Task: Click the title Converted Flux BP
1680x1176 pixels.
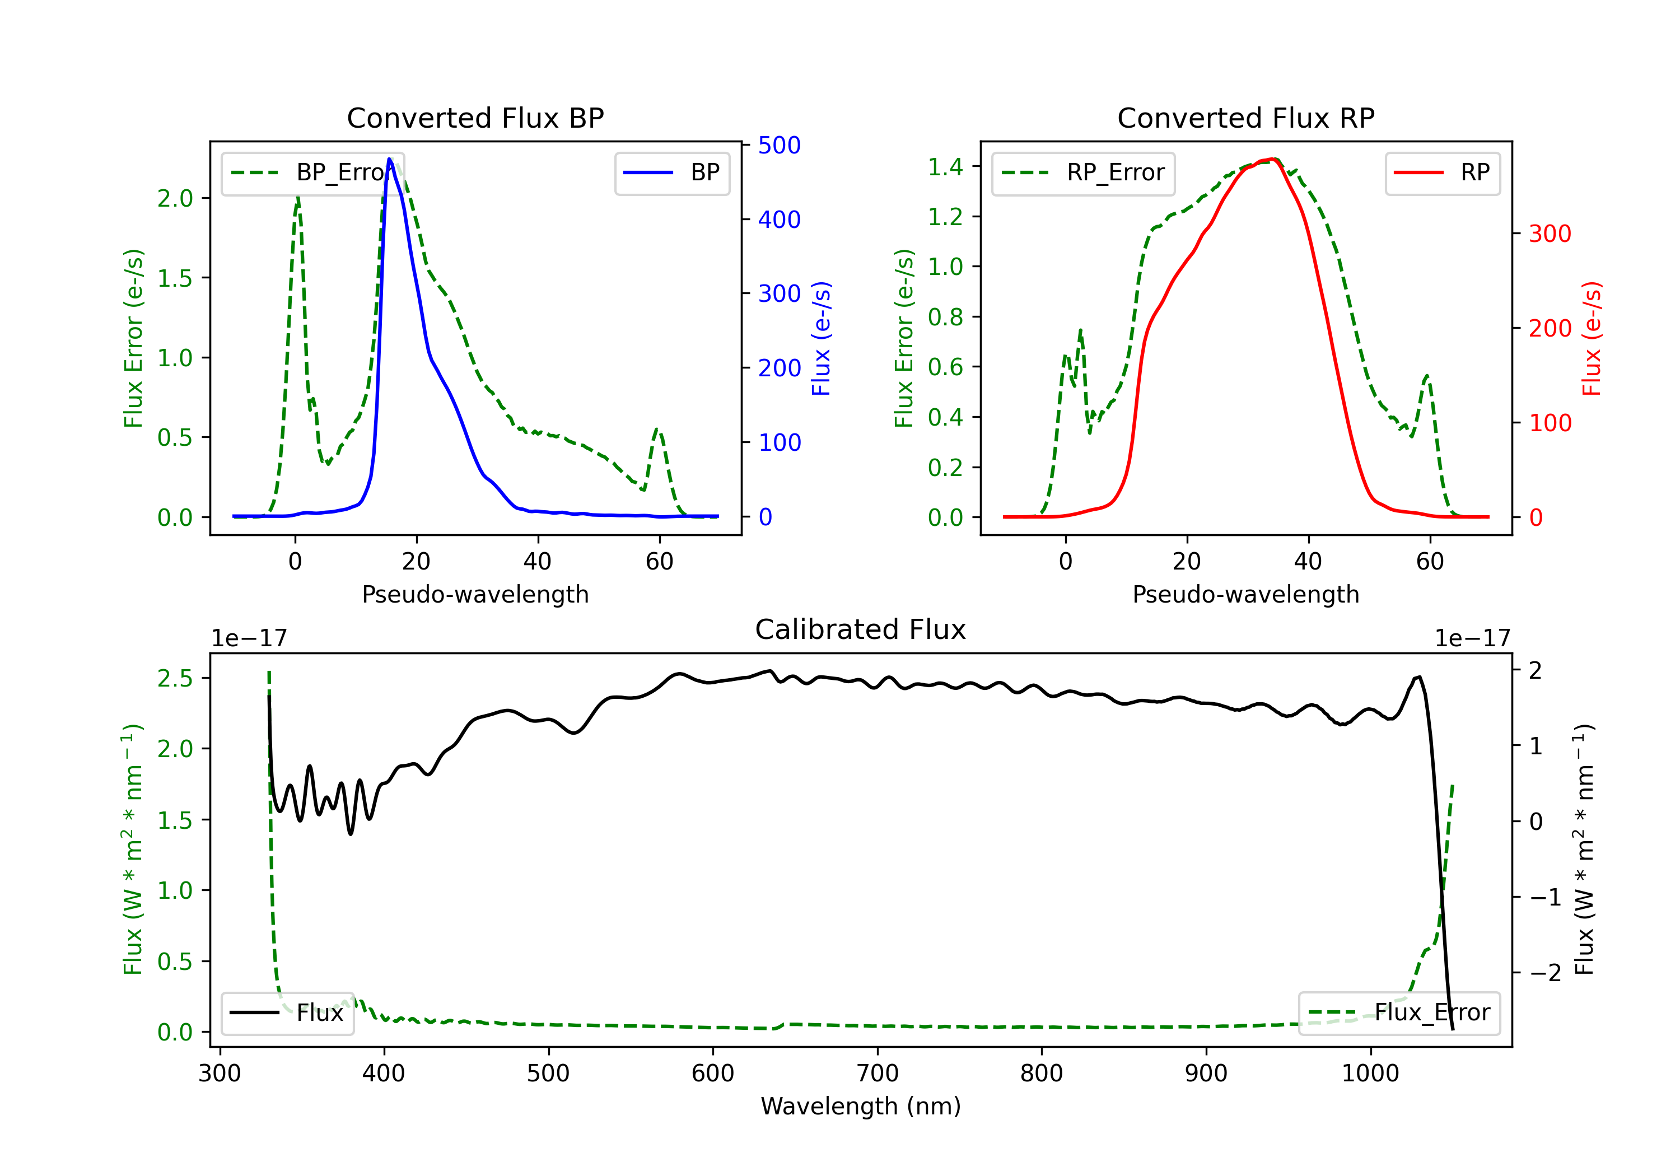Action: tap(475, 118)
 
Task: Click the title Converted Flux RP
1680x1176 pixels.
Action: tap(1245, 118)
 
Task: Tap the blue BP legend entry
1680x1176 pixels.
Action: tap(671, 172)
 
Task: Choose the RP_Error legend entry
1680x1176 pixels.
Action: tap(1083, 172)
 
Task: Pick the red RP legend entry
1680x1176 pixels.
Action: tap(1442, 172)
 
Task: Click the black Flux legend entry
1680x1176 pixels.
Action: tap(287, 1013)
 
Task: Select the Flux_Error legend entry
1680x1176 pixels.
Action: tap(1399, 1013)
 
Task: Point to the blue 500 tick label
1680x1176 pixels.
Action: tap(780, 145)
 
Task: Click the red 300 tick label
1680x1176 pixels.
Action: tap(1550, 234)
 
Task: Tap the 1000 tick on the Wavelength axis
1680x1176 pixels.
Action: tap(1370, 1074)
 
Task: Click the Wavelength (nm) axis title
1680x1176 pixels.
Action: tap(861, 1107)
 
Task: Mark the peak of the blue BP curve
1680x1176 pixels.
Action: tap(389, 159)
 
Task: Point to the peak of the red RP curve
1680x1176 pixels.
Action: tap(1273, 159)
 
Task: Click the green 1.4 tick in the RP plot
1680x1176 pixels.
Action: tap(945, 167)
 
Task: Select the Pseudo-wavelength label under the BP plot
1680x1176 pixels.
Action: tap(475, 594)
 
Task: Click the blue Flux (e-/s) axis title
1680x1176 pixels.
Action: tap(821, 338)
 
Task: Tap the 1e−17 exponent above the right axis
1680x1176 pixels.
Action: tap(1472, 639)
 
